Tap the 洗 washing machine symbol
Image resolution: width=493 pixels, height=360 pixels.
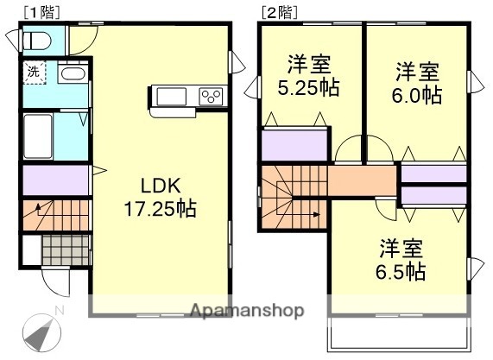pyautogui.click(x=33, y=73)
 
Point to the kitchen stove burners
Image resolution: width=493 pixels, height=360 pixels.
pyautogui.click(x=212, y=95)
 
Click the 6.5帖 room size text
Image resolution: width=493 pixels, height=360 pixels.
pyautogui.click(x=401, y=272)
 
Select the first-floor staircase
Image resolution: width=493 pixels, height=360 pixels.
pyautogui.click(x=55, y=212)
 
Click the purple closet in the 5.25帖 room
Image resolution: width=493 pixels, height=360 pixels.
pyautogui.click(x=294, y=144)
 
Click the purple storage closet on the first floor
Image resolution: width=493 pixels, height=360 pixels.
pyautogui.click(x=55, y=180)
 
